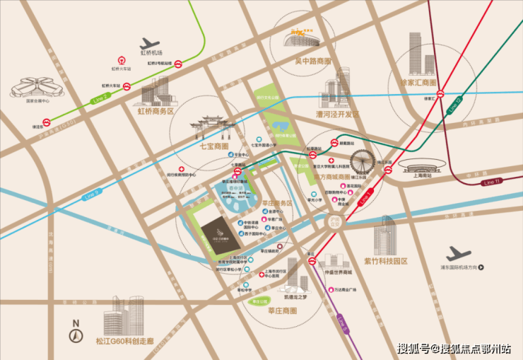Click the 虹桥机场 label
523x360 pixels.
(x=151, y=53)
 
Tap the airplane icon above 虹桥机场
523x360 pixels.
(x=151, y=42)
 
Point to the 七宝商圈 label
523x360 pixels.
(x=214, y=146)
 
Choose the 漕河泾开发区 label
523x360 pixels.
(x=338, y=114)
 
